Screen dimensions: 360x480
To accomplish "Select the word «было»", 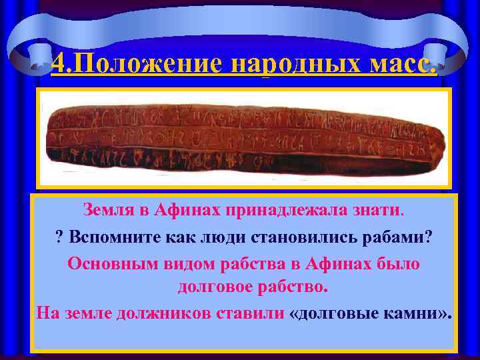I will (x=396, y=263).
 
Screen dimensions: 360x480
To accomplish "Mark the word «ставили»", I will (x=253, y=311).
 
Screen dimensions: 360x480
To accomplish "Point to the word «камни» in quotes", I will (x=413, y=311).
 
